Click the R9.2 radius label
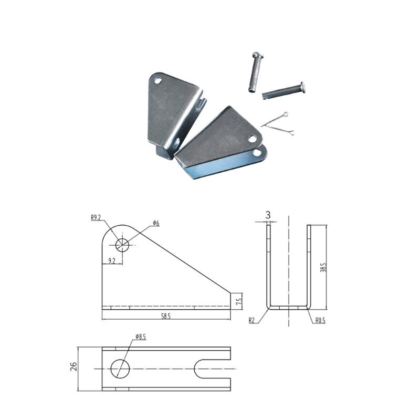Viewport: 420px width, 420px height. (x=96, y=217)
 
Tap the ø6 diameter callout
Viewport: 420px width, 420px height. (x=156, y=224)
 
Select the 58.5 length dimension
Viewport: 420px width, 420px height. (x=166, y=317)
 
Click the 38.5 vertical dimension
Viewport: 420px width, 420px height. (x=324, y=267)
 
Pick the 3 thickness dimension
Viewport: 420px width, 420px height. (x=268, y=215)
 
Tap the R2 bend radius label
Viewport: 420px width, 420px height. (x=253, y=319)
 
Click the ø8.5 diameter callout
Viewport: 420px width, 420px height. (x=140, y=336)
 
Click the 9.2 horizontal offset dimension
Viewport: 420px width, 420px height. (x=112, y=260)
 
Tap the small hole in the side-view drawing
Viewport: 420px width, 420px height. (x=122, y=245)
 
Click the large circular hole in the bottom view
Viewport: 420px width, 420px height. (x=120, y=368)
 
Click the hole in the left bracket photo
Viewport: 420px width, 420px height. (x=158, y=80)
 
